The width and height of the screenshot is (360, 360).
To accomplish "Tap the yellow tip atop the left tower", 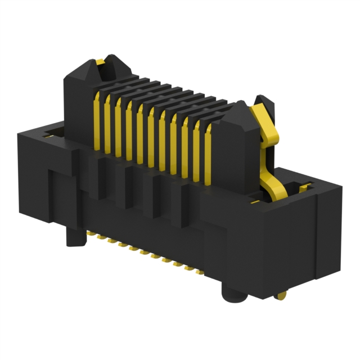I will (100, 61).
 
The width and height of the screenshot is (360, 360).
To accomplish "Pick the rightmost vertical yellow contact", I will (208, 155).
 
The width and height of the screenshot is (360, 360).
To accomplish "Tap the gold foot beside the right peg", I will (281, 294).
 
